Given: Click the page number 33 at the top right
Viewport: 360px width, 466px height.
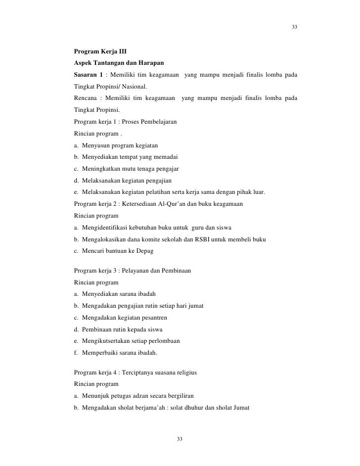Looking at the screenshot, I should click(294, 27).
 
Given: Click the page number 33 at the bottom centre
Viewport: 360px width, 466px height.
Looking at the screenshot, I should click(180, 439).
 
